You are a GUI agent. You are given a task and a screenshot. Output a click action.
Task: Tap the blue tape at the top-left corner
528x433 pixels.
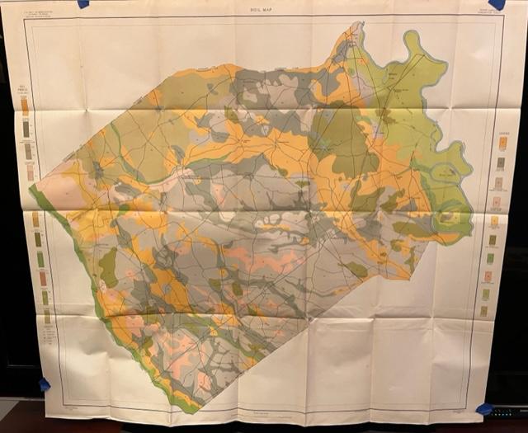[83, 3]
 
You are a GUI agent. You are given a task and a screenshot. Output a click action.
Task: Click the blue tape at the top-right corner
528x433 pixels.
[497, 4]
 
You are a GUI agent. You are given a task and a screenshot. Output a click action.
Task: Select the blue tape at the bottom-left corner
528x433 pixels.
[44, 384]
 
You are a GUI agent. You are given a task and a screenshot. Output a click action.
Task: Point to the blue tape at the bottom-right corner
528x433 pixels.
[484, 409]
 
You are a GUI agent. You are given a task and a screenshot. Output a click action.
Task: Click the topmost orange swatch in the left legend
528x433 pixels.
[25, 106]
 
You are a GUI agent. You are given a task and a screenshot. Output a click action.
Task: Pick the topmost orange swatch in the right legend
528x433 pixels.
[502, 142]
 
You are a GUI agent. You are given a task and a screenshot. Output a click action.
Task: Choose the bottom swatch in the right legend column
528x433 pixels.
[484, 310]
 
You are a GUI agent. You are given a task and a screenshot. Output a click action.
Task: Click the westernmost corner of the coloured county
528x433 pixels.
[31, 189]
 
